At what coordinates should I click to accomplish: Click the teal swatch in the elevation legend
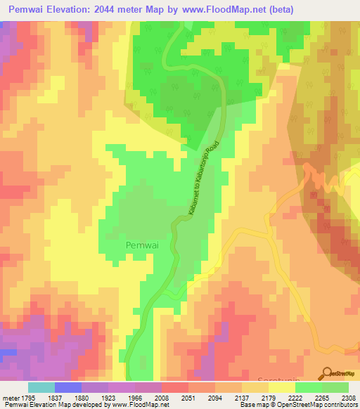pos(41,387)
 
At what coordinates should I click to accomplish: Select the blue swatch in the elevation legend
pos(67,387)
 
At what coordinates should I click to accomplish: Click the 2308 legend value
pos(349,397)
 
